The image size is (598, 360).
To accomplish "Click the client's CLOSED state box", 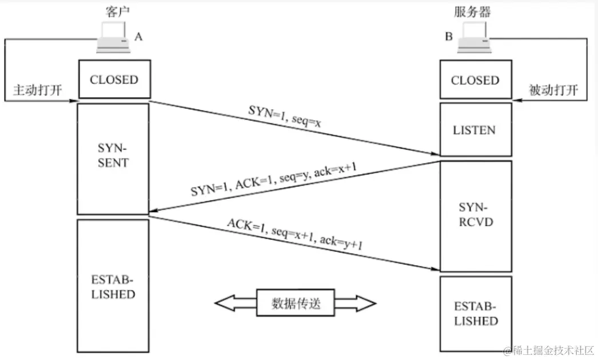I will (114, 79).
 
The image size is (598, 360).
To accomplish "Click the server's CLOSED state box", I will (475, 81).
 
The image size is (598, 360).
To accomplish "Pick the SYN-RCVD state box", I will (475, 215).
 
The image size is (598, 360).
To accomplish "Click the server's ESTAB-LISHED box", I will (475, 314).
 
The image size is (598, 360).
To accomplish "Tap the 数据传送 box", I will (296, 303).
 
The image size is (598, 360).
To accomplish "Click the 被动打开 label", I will (553, 91).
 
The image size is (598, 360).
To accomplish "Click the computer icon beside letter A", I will (113, 39).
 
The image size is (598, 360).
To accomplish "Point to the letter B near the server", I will (449, 37).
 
